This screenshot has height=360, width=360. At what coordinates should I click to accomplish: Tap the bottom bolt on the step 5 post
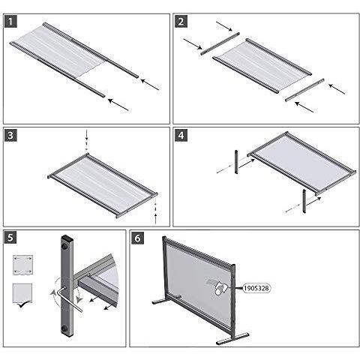tap(66, 328)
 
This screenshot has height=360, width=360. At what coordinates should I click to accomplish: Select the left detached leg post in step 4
tap(235, 160)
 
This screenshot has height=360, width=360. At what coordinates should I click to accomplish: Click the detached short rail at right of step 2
tap(304, 89)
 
